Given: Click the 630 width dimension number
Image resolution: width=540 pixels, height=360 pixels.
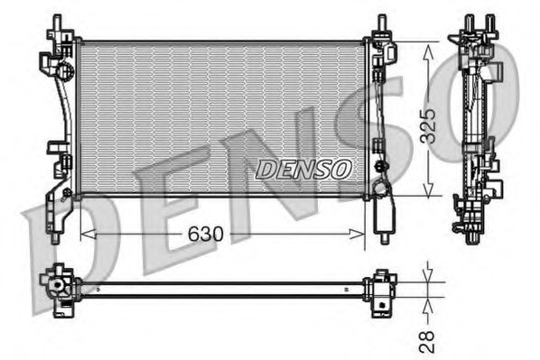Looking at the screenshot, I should click(x=207, y=235).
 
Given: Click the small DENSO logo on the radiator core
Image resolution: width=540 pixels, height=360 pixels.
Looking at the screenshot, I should click(x=303, y=168).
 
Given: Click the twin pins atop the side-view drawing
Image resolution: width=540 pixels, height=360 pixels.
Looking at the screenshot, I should click(x=478, y=23).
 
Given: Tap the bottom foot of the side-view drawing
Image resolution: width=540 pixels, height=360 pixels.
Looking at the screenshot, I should click(x=472, y=236).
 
